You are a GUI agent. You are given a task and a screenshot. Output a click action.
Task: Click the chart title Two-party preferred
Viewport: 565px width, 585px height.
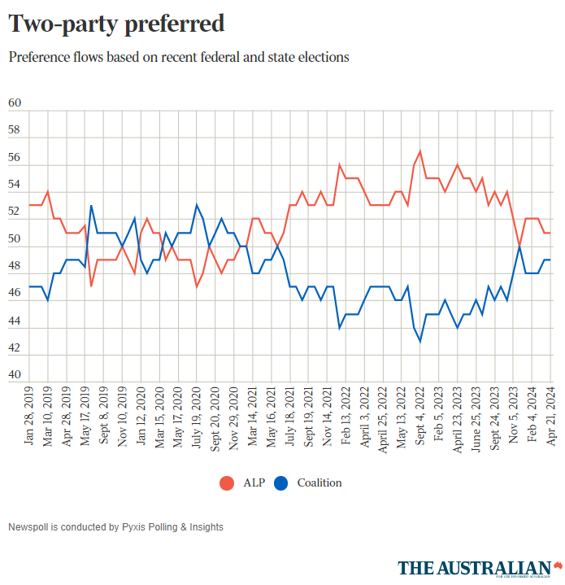click(x=116, y=24)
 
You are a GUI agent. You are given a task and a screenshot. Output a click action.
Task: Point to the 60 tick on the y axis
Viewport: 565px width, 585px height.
click(x=14, y=103)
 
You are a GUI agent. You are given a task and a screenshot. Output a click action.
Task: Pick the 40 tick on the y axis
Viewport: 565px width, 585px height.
click(x=14, y=376)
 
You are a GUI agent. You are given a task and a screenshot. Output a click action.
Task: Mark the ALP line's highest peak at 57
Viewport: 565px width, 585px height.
click(x=419, y=151)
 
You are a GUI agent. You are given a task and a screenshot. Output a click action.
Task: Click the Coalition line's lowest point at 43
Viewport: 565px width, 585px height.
click(x=419, y=341)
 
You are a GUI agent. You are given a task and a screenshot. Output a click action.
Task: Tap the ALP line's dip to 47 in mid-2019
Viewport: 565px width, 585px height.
click(x=91, y=286)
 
